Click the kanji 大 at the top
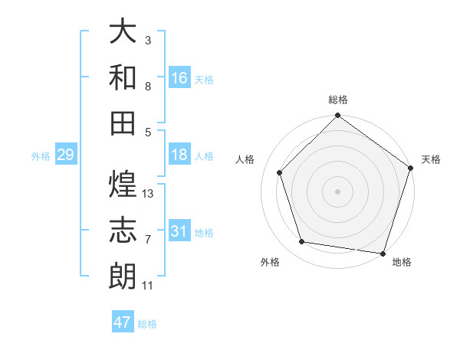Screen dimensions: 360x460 (123, 33)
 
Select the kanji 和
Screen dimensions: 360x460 (123, 77)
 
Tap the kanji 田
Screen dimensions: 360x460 (123, 123)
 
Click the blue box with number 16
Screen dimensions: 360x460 (179, 77)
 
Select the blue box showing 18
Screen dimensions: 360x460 (179, 155)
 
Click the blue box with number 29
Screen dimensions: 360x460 (65, 155)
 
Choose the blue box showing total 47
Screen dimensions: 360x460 (123, 322)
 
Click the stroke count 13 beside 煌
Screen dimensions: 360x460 (148, 194)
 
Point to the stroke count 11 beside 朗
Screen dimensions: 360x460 (148, 286)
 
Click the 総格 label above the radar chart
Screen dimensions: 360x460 (338, 100)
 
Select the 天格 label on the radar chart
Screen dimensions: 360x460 (432, 159)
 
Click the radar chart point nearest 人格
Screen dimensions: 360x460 (280, 172)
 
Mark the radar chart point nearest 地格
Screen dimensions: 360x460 (384, 254)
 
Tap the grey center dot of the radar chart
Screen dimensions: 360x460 (338, 191)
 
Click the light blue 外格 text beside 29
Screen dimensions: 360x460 (41, 156)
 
